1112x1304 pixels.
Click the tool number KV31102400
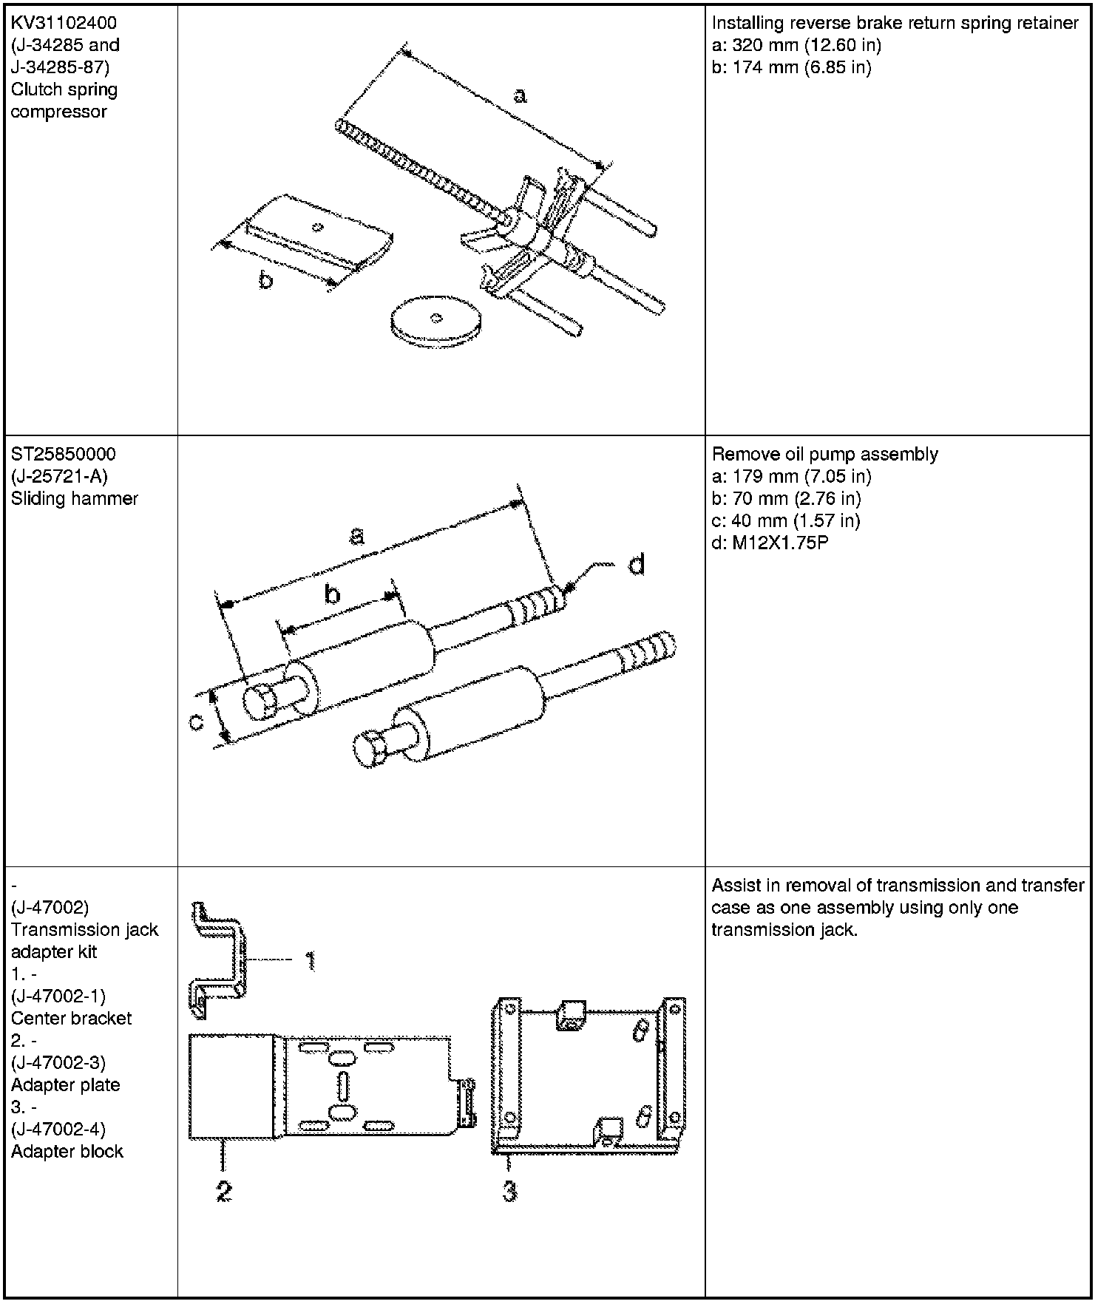64,23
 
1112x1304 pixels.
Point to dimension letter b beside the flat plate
265,281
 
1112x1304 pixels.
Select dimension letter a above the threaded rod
520,95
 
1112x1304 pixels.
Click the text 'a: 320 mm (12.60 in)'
796,45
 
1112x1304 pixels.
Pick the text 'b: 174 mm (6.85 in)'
791,67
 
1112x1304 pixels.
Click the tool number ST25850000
64,454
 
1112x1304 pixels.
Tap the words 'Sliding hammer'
74,498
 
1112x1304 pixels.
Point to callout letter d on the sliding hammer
636,565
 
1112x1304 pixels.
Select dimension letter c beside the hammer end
196,721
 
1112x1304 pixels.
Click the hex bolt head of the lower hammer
370,750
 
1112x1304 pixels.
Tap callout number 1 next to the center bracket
311,960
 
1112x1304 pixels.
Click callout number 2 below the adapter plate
223,1191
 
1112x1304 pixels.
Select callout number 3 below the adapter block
509,1191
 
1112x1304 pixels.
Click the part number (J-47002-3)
58,1062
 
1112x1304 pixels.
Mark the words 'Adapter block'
67,1151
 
